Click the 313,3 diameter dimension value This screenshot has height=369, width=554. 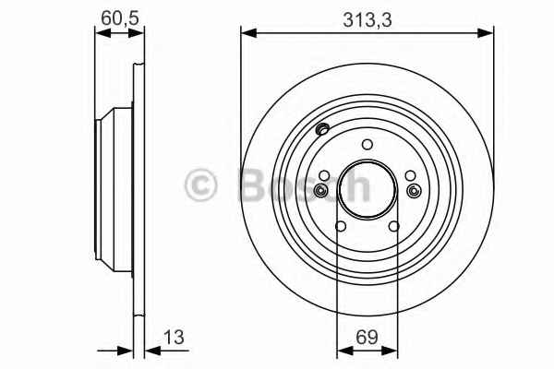[x=367, y=19]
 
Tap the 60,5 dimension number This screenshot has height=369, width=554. [x=120, y=18]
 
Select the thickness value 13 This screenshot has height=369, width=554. [x=174, y=337]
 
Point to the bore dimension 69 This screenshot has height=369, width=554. [x=367, y=337]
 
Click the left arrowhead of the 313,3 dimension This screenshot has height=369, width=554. [x=248, y=33]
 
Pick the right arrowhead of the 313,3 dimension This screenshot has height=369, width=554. [x=486, y=33]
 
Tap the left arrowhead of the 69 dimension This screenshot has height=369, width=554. [x=345, y=351]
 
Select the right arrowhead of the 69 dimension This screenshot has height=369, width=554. [x=390, y=351]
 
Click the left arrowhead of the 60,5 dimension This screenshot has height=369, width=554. [x=103, y=33]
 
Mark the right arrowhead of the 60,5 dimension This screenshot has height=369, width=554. [x=137, y=33]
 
